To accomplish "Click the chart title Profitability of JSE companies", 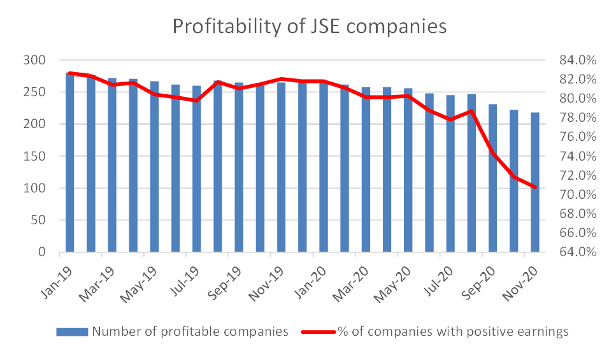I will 310,26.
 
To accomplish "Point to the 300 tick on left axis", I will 36,61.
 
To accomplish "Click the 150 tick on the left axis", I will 36,156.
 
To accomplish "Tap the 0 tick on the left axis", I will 41,252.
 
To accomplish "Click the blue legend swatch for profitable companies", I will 73,331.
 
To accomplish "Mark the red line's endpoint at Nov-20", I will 534,187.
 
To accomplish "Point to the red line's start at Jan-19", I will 69,73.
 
